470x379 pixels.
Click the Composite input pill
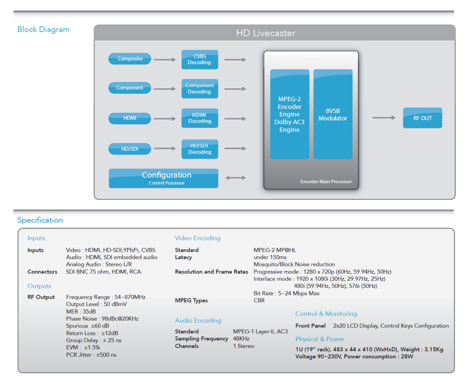pyautogui.click(x=130, y=59)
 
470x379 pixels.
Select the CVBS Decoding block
pyautogui.click(x=199, y=60)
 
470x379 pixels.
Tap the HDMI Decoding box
pyautogui.click(x=199, y=118)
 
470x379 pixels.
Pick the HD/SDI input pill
pyautogui.click(x=130, y=149)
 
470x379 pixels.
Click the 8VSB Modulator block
pyautogui.click(x=333, y=114)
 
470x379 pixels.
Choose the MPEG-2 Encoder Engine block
pyautogui.click(x=290, y=114)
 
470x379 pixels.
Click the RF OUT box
pyautogui.click(x=422, y=118)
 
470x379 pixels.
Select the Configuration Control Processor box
pyautogui.click(x=163, y=178)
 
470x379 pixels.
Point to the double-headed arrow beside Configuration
pyautogui.click(x=236, y=178)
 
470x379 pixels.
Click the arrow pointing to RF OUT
pyautogui.click(x=384, y=118)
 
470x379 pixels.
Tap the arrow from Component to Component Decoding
pyautogui.click(x=165, y=89)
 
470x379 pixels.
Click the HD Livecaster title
pyautogui.click(x=266, y=33)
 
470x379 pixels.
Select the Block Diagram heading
pyautogui.click(x=43, y=29)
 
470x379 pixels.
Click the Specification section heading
pyautogui.click(x=40, y=220)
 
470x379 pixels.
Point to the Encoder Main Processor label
pyautogui.click(x=326, y=182)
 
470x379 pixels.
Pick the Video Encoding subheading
pyautogui.click(x=197, y=238)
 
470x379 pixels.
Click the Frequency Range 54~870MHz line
pyautogui.click(x=106, y=297)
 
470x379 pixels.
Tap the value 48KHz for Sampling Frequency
pyautogui.click(x=241, y=339)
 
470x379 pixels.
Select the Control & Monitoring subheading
pyautogui.click(x=326, y=314)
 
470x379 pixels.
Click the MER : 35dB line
pyautogui.click(x=81, y=311)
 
